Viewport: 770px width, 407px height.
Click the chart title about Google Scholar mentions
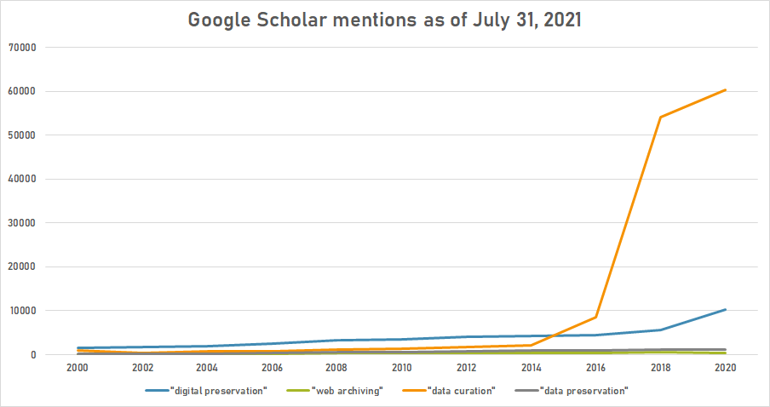coord(385,20)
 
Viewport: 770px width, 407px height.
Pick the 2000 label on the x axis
coord(78,369)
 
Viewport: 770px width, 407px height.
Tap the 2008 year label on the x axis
coord(337,369)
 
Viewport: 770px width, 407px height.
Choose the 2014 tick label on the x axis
coord(532,369)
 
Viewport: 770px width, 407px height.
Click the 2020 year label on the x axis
coord(725,369)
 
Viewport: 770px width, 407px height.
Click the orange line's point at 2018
coord(660,118)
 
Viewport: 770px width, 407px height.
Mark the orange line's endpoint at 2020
coord(725,90)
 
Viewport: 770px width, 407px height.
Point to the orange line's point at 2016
coord(595,318)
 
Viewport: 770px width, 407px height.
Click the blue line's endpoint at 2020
coord(725,310)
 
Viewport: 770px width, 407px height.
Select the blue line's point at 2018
coord(660,330)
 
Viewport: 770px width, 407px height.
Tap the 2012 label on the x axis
coord(467,369)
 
